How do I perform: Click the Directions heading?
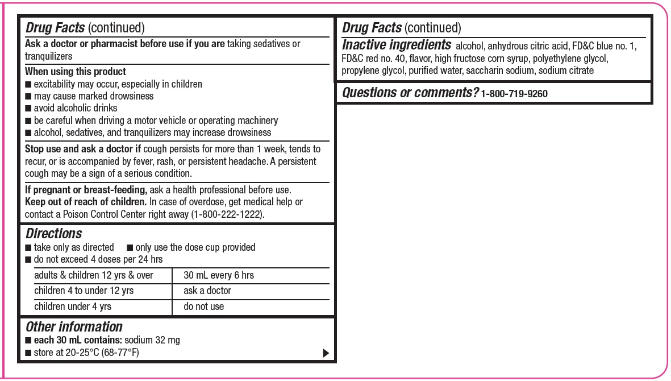click(54, 234)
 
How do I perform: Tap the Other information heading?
click(74, 327)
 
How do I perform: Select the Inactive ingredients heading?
click(397, 45)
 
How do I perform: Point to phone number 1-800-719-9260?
click(514, 94)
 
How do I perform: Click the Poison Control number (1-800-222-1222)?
click(227, 214)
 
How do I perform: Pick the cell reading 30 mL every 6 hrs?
click(219, 275)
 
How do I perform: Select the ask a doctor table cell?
click(207, 291)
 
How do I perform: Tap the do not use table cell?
click(203, 307)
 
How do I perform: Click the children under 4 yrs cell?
click(73, 307)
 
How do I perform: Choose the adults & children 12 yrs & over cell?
click(94, 275)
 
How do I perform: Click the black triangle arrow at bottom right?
click(326, 353)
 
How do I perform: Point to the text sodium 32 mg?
click(152, 340)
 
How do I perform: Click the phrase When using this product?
click(76, 72)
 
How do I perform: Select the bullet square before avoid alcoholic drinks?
click(28, 109)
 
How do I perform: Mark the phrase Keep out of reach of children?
click(86, 202)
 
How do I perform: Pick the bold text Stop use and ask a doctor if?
click(83, 149)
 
